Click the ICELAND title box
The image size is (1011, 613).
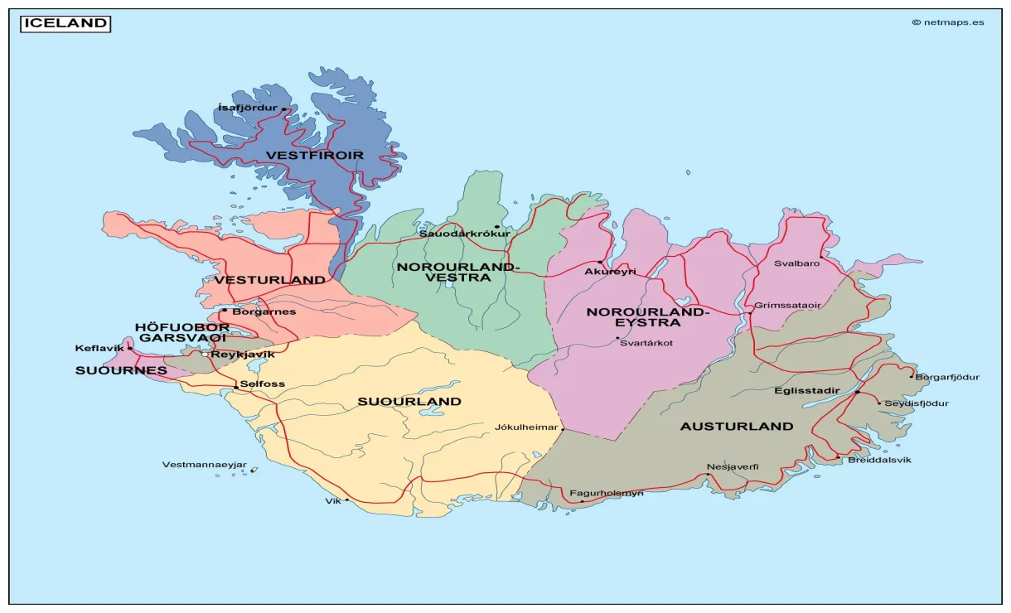(x=65, y=23)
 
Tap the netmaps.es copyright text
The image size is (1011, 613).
(x=948, y=22)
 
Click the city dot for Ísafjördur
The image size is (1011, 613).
(x=283, y=109)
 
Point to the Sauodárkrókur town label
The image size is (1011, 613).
(x=464, y=234)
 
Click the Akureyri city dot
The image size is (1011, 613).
(x=601, y=263)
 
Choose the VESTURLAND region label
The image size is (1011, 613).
(x=270, y=280)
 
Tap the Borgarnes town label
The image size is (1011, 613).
(x=264, y=311)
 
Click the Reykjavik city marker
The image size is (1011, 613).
(x=206, y=355)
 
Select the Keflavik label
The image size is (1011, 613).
(x=99, y=348)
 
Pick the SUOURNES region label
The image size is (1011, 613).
(x=121, y=370)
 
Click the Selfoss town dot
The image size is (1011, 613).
(x=236, y=387)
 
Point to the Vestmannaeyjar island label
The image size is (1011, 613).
(x=204, y=465)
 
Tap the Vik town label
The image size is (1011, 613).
(x=333, y=501)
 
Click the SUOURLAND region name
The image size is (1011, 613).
(x=409, y=402)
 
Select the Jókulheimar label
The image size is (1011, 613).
(x=526, y=427)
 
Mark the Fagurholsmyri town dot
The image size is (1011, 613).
(x=582, y=501)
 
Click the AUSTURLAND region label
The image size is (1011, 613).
(x=737, y=427)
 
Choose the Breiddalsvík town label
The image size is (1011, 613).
(x=879, y=460)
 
